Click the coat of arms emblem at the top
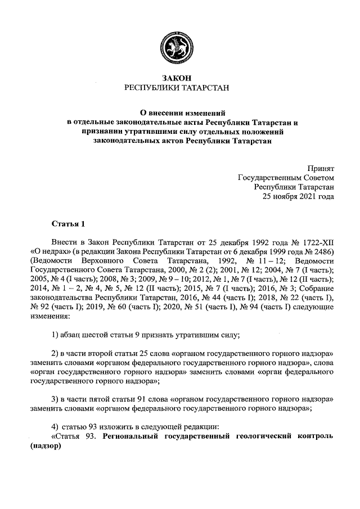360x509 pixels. click(x=180, y=44)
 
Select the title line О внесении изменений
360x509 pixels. click(x=180, y=112)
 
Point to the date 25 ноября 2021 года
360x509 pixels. click(x=299, y=197)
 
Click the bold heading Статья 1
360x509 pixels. click(x=67, y=226)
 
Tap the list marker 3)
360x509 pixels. click(x=56, y=400)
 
